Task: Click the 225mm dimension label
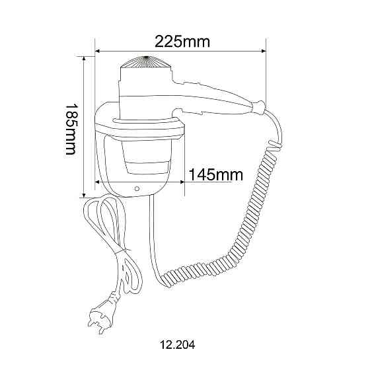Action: [x=182, y=42]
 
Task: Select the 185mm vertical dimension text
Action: [x=71, y=129]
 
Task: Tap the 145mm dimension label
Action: [x=215, y=175]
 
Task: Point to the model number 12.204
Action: [x=178, y=345]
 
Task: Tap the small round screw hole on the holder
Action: [x=137, y=188]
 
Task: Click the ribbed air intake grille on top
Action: [x=146, y=62]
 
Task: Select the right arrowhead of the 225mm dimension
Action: [x=263, y=51]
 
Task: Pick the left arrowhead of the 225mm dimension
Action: [x=98, y=51]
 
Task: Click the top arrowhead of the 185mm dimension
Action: [x=84, y=59]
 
